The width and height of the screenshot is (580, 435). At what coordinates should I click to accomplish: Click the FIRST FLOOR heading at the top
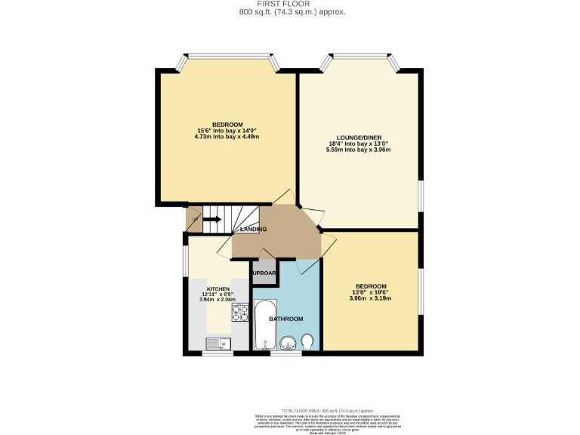pyautogui.click(x=289, y=4)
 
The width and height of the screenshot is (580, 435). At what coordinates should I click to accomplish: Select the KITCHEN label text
pyautogui.click(x=217, y=288)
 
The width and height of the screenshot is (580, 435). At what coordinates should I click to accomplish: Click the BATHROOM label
pyautogui.click(x=287, y=319)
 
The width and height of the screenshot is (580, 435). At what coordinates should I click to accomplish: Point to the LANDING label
pyautogui.click(x=252, y=229)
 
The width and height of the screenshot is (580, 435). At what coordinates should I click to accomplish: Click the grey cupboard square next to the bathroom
pyautogui.click(x=264, y=273)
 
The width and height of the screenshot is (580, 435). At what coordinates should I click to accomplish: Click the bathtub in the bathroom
pyautogui.click(x=262, y=326)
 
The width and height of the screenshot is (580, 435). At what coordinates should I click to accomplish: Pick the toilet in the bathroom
pyautogui.click(x=307, y=344)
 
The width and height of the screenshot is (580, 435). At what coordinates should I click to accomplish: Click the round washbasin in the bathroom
pyautogui.click(x=287, y=344)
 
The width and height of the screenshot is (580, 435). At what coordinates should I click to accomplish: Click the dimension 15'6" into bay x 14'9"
pyautogui.click(x=227, y=131)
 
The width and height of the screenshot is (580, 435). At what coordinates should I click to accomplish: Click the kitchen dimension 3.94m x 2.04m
pyautogui.click(x=217, y=300)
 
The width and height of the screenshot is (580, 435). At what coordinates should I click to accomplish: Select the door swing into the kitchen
pyautogui.click(x=224, y=248)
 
